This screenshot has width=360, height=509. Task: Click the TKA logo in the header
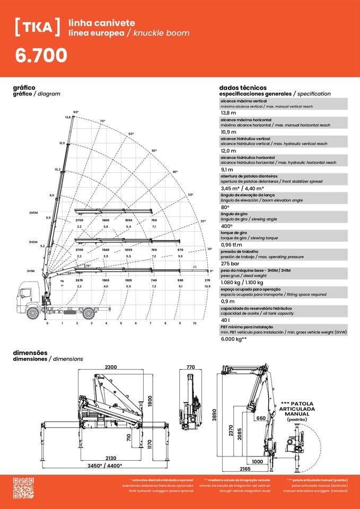[37, 28]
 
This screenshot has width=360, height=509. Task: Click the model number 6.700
[41, 55]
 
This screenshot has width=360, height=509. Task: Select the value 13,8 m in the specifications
[229, 113]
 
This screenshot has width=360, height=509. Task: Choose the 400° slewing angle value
[229, 226]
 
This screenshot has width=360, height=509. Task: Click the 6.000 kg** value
[234, 339]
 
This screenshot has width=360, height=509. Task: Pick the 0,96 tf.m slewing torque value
[232, 244]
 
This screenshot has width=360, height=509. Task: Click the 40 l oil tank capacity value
[225, 320]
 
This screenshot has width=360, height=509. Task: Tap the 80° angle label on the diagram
[76, 112]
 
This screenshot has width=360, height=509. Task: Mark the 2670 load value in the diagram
[80, 280]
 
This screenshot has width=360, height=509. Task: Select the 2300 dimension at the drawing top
[111, 367]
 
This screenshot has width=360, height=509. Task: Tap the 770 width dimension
[190, 367]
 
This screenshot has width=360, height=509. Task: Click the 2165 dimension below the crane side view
[244, 469]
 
